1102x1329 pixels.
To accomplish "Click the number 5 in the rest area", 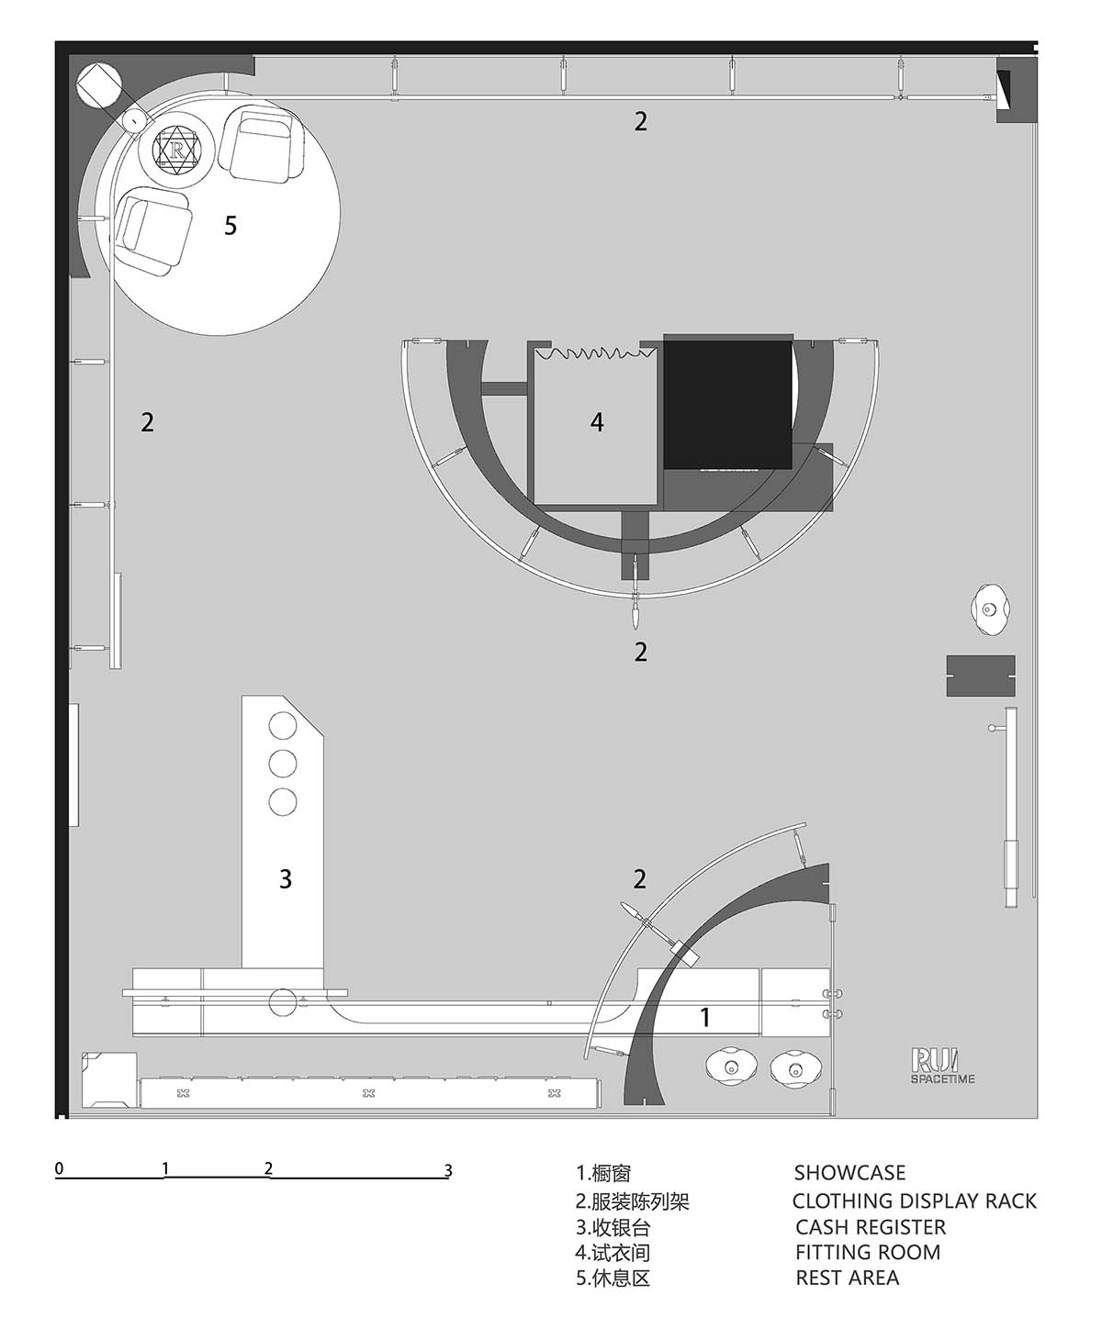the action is [x=231, y=225].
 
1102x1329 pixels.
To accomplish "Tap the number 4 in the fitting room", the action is [x=597, y=421].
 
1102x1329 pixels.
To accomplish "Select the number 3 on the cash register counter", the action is [x=286, y=879].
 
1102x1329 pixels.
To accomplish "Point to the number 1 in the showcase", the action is [x=704, y=1017].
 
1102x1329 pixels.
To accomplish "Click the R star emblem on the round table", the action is [x=176, y=151].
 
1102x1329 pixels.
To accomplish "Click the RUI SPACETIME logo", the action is [x=942, y=1067].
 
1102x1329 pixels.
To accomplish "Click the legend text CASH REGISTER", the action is [x=871, y=1226].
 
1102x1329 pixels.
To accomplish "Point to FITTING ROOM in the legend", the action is [x=868, y=1252].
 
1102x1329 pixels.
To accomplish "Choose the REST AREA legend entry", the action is [x=848, y=1278].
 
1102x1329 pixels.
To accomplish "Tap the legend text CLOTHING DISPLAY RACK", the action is [x=914, y=1201].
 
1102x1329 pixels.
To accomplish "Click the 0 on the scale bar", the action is [x=60, y=1168].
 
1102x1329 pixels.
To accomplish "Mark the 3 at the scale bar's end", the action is [x=448, y=1170].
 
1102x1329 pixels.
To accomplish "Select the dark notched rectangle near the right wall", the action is [x=981, y=676].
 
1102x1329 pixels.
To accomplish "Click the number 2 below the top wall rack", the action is [x=640, y=121].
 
